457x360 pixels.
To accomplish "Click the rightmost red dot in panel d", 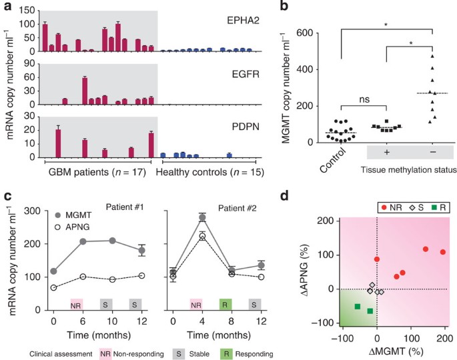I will tap(443, 252).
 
